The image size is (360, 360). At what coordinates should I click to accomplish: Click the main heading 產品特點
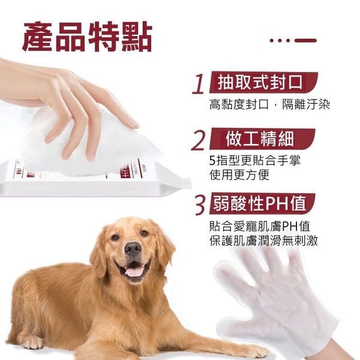87,37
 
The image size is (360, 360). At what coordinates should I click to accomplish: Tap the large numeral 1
199,84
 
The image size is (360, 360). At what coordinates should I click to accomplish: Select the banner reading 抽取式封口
263,82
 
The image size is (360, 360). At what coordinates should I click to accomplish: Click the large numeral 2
198,141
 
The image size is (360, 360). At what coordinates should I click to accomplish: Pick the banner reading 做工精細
262,139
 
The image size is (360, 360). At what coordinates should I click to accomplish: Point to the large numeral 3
200,205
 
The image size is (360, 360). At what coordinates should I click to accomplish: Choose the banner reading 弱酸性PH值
262,203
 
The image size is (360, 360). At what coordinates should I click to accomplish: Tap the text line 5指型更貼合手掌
255,160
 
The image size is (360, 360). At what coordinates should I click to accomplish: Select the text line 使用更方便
239,175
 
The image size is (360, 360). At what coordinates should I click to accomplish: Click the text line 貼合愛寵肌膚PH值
260,226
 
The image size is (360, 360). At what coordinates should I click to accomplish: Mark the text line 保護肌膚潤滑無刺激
263,241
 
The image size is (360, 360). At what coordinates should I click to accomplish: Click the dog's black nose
133,248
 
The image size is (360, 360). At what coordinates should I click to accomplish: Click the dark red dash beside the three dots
305,41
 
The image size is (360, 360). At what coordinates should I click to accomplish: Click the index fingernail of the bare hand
133,124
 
